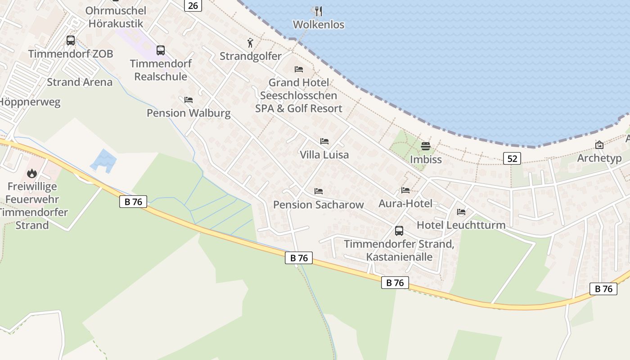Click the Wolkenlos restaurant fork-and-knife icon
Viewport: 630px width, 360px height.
pyautogui.click(x=318, y=11)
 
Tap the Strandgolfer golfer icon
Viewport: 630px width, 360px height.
pyautogui.click(x=251, y=43)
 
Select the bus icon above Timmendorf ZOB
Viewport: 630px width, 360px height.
pyautogui.click(x=71, y=40)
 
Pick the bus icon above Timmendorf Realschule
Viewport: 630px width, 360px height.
pyautogui.click(x=161, y=50)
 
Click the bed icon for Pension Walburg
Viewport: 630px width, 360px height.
pyautogui.click(x=189, y=99)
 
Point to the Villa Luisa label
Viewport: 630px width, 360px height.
pyautogui.click(x=324, y=155)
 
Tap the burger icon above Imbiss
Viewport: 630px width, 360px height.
pyautogui.click(x=426, y=146)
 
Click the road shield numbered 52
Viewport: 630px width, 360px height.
pyautogui.click(x=512, y=158)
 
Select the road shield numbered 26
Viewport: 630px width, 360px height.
pyautogui.click(x=193, y=5)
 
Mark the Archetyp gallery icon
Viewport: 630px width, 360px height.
pyautogui.click(x=599, y=145)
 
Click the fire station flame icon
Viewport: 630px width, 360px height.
pyautogui.click(x=31, y=173)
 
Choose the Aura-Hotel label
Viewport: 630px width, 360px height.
pyautogui.click(x=405, y=203)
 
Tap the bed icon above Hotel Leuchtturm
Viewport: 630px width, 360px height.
pyautogui.click(x=461, y=211)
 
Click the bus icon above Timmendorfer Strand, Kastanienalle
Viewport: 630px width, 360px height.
pyautogui.click(x=399, y=231)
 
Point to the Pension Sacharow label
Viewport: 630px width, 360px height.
pyautogui.click(x=318, y=205)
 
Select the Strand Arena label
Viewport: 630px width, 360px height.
pyautogui.click(x=80, y=82)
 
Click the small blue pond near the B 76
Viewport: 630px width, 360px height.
pyautogui.click(x=104, y=161)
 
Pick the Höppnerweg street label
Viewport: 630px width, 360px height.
pyautogui.click(x=29, y=102)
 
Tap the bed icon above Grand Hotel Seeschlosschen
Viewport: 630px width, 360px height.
pyautogui.click(x=298, y=69)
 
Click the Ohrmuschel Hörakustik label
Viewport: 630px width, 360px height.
pyautogui.click(x=116, y=17)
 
